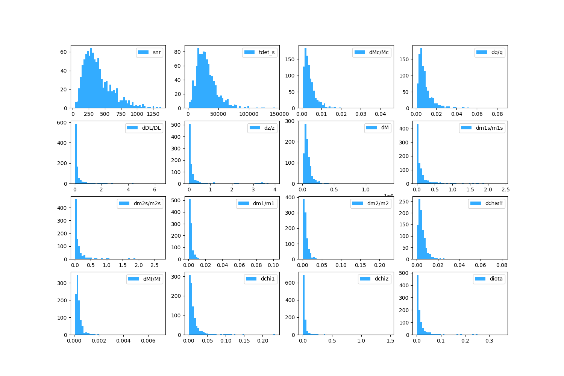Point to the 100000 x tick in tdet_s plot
tap(249, 114)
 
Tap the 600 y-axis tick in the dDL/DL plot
tap(63, 123)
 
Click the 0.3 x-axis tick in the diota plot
tap(489, 341)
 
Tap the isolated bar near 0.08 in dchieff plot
tap(502, 259)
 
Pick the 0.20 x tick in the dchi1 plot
tap(262, 341)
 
